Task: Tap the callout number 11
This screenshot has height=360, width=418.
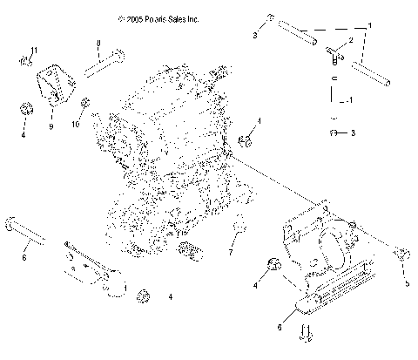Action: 34,49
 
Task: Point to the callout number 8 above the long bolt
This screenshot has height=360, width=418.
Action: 98,44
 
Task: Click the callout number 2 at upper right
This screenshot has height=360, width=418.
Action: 351,39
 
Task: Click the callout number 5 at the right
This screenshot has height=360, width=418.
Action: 406,282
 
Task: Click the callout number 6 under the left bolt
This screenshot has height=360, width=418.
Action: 24,258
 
